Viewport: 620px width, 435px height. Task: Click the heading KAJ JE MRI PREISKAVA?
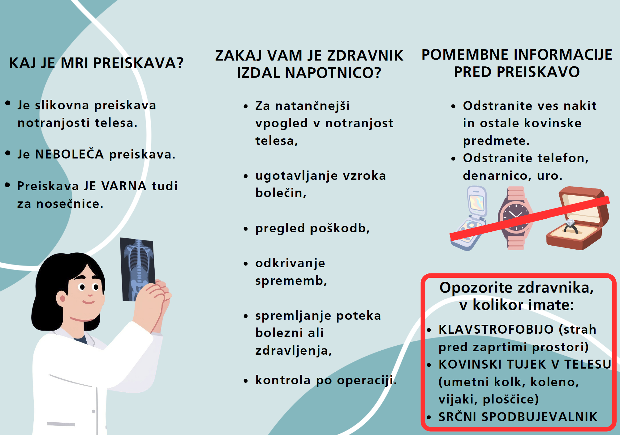[x=96, y=63]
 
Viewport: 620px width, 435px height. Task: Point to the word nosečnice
[x=70, y=204]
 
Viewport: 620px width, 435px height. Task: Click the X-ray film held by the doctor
[x=137, y=269]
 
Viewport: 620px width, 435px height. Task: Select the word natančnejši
[x=312, y=106]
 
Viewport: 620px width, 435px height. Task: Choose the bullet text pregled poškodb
[x=312, y=228]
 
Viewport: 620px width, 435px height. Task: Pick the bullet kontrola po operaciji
[x=326, y=380]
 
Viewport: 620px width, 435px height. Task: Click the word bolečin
[x=281, y=193]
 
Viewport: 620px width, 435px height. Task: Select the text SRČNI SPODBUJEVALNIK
[x=518, y=417]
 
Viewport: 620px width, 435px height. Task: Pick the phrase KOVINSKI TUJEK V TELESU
[x=525, y=364]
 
